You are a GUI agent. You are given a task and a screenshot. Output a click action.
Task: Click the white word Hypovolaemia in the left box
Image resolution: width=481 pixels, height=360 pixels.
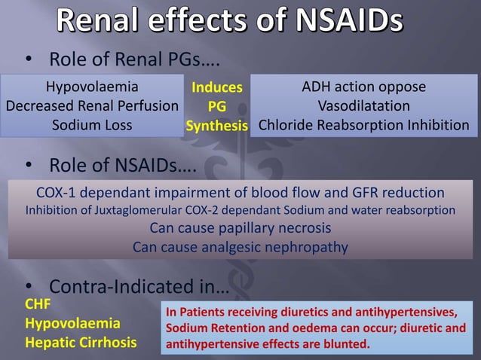pyautogui.click(x=92, y=87)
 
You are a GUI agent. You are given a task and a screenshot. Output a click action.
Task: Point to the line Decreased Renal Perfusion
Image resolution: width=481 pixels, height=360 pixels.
pyautogui.click(x=92, y=106)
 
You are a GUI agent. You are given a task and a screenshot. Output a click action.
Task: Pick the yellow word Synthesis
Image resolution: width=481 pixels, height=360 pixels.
pyautogui.click(x=217, y=126)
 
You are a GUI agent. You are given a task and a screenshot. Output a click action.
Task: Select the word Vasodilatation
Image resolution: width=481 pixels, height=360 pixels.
pyautogui.click(x=364, y=106)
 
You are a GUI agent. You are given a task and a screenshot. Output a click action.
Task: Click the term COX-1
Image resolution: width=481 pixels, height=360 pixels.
pyautogui.click(x=58, y=192)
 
